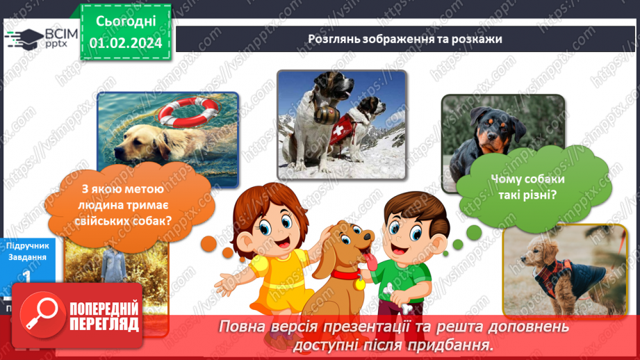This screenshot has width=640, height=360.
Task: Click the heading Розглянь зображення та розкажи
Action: pos(404,39)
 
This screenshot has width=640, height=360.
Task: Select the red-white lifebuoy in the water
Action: pos(187,112)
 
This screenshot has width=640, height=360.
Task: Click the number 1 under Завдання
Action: pos(26,276)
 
